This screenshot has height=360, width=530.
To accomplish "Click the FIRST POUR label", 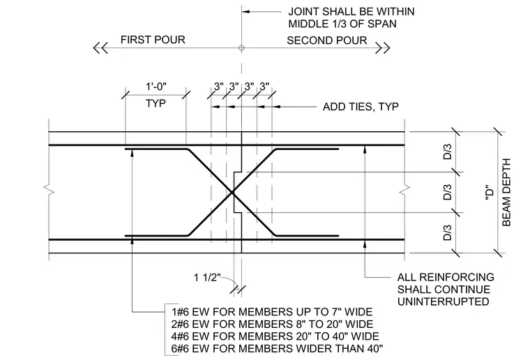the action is (x=153, y=40).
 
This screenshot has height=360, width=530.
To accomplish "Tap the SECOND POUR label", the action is (x=327, y=40).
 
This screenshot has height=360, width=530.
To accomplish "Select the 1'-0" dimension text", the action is (x=156, y=87).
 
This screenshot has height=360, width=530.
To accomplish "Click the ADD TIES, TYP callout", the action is (x=361, y=107).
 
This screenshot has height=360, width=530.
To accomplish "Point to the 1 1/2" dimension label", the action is (x=207, y=278).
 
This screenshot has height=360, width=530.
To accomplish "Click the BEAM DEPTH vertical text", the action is (x=506, y=193).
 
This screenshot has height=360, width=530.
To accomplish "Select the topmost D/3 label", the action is (x=448, y=152).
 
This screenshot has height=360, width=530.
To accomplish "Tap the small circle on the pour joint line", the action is (x=241, y=48).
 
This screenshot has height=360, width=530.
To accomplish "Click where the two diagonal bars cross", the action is (x=232, y=193).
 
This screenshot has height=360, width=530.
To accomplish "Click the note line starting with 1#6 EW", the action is (x=272, y=312).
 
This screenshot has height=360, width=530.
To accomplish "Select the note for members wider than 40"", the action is (x=277, y=348).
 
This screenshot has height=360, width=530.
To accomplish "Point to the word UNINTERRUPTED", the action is (x=443, y=301).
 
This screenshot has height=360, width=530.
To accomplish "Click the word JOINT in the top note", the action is (x=303, y=11).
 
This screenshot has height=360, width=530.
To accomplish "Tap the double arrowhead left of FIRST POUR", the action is (x=100, y=48).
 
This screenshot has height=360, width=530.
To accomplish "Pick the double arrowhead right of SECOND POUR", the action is (x=383, y=48).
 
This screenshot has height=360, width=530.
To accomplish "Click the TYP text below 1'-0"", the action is (x=156, y=103).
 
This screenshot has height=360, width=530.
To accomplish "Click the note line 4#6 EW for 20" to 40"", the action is (x=275, y=336).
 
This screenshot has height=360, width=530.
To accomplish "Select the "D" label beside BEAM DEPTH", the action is (x=490, y=193).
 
